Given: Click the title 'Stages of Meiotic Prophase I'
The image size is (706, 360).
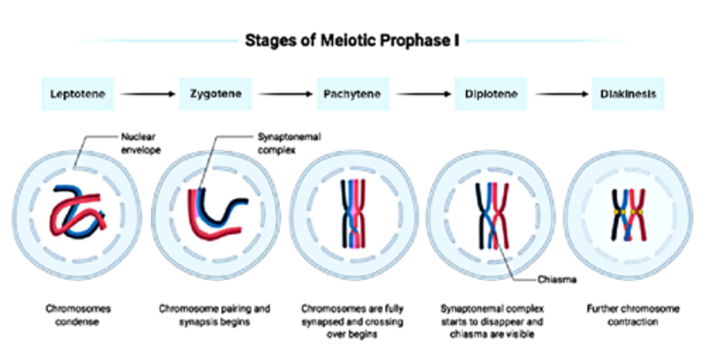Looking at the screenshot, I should coord(352,41).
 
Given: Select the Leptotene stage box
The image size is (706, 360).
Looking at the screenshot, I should coord(77,94).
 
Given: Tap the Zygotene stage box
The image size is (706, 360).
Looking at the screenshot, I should coord(216,94).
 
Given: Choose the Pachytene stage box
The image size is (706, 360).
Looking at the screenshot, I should coord(353,94).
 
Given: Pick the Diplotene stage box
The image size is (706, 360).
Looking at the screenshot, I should coord(491,94).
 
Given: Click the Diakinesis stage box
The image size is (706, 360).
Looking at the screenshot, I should coord(628,94).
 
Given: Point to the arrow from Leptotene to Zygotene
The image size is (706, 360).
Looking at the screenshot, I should coord(147,94).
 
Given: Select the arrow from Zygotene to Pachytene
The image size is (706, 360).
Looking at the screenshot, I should coord(285,94).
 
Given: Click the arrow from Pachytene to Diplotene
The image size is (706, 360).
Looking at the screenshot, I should coord(423,94).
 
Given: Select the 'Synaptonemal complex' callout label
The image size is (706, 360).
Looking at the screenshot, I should coord(288,143).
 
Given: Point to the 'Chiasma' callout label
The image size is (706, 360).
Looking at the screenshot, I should coord(556,280).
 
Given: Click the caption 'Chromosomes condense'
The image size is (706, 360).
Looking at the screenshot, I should coord(78,315).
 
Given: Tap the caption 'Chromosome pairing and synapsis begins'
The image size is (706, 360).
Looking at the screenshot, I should coord(215,315).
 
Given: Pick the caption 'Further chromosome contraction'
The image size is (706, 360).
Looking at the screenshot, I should coord(632,315).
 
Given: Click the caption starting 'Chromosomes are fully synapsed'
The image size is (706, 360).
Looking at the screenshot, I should coord(353,322).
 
